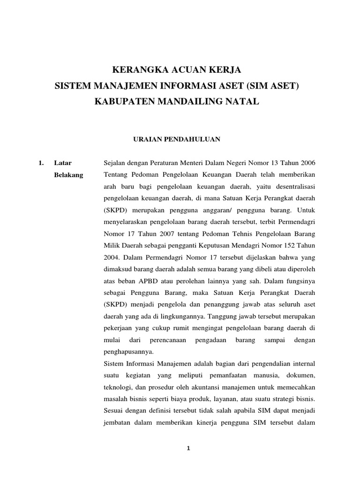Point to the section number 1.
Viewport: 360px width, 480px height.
[41, 163]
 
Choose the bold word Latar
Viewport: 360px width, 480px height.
[62, 163]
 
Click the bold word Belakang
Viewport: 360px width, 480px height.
[68, 175]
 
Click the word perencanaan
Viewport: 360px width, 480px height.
[168, 340]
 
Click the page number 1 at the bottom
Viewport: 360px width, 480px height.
[188, 449]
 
